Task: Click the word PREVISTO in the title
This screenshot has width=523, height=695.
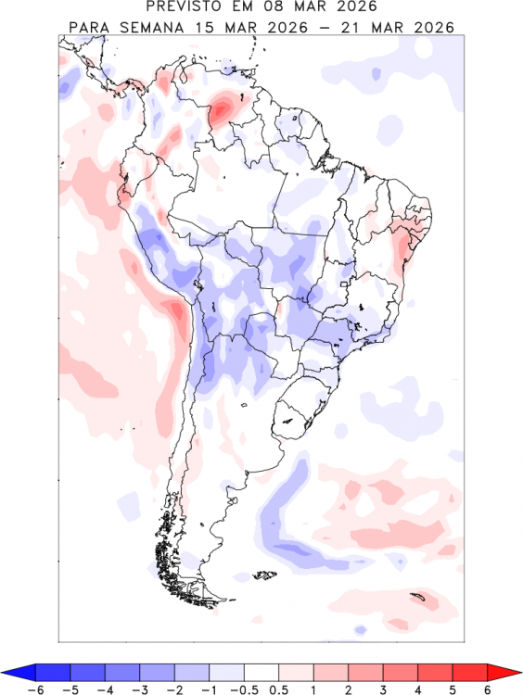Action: (x=189, y=7)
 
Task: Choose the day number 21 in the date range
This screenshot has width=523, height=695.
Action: (x=353, y=26)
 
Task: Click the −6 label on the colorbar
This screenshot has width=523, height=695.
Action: (x=36, y=689)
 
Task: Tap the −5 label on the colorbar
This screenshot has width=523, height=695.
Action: (x=71, y=689)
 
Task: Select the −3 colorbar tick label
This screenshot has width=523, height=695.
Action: (x=139, y=689)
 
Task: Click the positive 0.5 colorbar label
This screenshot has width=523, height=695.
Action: (x=279, y=689)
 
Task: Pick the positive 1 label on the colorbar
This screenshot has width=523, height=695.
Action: (x=313, y=689)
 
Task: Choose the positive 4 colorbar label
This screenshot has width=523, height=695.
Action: (x=417, y=689)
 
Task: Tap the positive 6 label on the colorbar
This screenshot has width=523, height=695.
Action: (x=487, y=689)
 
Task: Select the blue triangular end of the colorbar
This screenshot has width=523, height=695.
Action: (x=20, y=672)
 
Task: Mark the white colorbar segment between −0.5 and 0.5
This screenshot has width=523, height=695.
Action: (x=261, y=672)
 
